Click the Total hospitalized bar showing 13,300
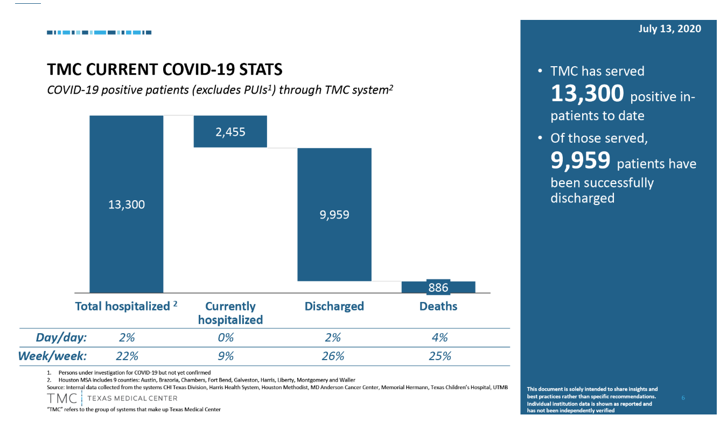click(127, 204)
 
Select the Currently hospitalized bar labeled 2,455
click(230, 131)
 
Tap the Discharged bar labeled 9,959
click(334, 214)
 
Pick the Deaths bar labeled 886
click(438, 287)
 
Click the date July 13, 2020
click(670, 29)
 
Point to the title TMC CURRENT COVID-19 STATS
click(165, 70)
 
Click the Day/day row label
click(61, 338)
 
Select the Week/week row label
click(52, 356)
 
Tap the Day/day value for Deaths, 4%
click(439, 338)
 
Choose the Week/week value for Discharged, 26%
click(333, 356)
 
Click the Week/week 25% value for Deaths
click(439, 356)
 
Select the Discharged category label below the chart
click(334, 306)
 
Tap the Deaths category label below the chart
click(438, 306)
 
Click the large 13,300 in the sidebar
click(587, 94)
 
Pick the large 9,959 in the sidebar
click(580, 160)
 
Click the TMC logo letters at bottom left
click(62, 398)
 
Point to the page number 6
click(683, 398)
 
